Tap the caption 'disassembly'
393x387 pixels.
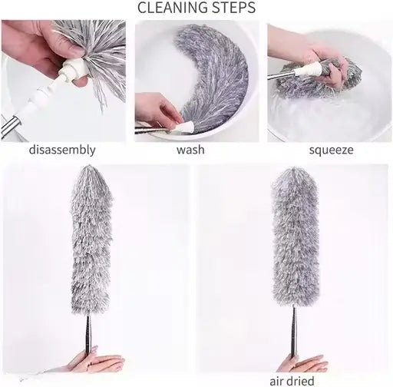click(x=62, y=150)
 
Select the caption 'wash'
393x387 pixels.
click(x=190, y=150)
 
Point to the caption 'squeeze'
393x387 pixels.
click(x=331, y=150)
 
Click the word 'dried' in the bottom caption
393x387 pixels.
click(x=302, y=380)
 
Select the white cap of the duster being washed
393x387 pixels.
click(x=183, y=125)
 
